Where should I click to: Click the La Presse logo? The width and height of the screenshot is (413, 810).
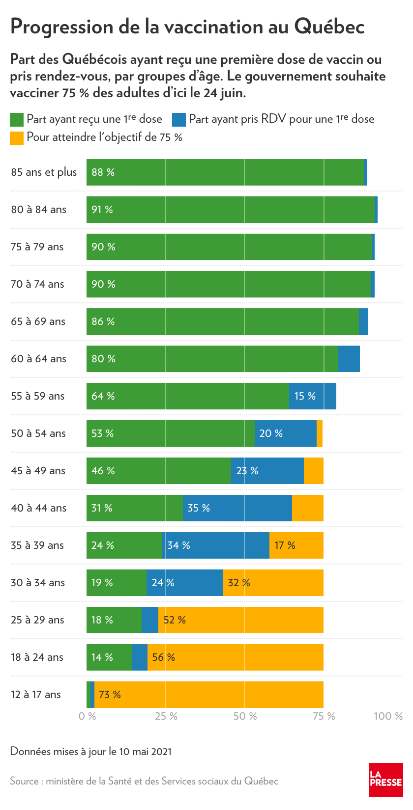pyautogui.click(x=386, y=780)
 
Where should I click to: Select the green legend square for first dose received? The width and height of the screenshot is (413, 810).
pyautogui.click(x=17, y=119)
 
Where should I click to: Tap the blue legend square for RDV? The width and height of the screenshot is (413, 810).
pyautogui.click(x=179, y=119)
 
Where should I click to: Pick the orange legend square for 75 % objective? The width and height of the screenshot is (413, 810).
pyautogui.click(x=17, y=138)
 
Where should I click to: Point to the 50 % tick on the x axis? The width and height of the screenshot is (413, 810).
pyautogui.click(x=245, y=716)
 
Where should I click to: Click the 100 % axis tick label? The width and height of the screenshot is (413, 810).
pyautogui.click(x=388, y=716)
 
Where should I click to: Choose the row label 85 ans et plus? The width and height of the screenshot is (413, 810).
pyautogui.click(x=44, y=172)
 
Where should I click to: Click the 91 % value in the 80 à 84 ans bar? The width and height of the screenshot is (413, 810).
pyautogui.click(x=102, y=210)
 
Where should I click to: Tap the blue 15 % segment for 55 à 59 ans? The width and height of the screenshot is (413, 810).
pyautogui.click(x=312, y=396)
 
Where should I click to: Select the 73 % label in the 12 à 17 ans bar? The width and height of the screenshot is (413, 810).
pyautogui.click(x=110, y=695)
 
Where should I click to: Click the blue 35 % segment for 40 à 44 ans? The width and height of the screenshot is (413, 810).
pyautogui.click(x=237, y=508)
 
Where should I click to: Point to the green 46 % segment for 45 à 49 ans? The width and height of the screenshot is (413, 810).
pyautogui.click(x=158, y=471)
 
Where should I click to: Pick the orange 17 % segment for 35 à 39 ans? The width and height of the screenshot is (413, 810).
pyautogui.click(x=296, y=545)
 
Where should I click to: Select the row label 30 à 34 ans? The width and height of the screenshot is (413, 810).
pyautogui.click(x=38, y=583)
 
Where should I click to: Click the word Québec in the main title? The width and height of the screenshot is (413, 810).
pyautogui.click(x=329, y=27)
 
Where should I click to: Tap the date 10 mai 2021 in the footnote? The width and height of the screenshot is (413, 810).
pyautogui.click(x=145, y=751)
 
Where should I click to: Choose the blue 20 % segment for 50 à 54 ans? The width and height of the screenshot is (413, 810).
pyautogui.click(x=285, y=433)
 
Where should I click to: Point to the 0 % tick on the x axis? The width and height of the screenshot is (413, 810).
pyautogui.click(x=88, y=716)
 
